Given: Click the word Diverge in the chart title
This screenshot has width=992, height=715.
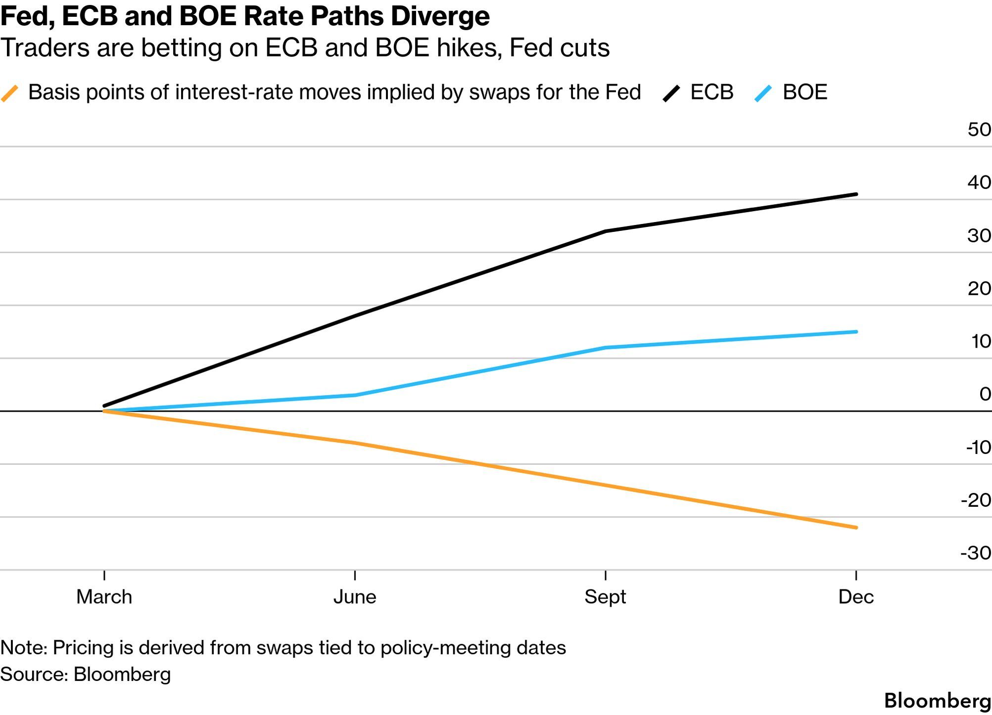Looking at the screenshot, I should (x=440, y=16).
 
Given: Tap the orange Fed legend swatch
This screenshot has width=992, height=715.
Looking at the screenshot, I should (x=10, y=93).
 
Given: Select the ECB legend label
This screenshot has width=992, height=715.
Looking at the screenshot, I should (x=711, y=92).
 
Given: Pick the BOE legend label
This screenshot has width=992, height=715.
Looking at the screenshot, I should (x=804, y=92).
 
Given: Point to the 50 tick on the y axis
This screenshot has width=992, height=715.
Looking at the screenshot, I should (x=979, y=130).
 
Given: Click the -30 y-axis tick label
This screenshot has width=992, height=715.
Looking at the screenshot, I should (x=976, y=553).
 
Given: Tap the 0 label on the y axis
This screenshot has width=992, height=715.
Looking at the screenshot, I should (x=985, y=394).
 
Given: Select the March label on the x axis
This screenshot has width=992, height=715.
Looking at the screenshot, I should (x=104, y=597).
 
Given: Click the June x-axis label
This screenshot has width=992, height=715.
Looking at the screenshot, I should (x=355, y=597).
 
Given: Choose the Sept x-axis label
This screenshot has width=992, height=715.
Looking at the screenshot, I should (x=605, y=597).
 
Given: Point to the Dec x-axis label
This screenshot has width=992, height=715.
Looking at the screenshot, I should (x=856, y=597).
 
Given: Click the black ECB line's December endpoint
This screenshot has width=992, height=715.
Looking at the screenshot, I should (x=856, y=194).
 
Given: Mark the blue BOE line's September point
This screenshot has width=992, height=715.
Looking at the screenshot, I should (x=606, y=348).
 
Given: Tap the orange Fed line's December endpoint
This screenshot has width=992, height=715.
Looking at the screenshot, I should (x=856, y=528).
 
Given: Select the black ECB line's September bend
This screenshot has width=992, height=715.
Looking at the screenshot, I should (x=606, y=231).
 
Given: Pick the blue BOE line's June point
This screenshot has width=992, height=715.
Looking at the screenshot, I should (x=355, y=395).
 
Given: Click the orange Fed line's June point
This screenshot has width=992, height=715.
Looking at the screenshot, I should (x=355, y=443).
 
